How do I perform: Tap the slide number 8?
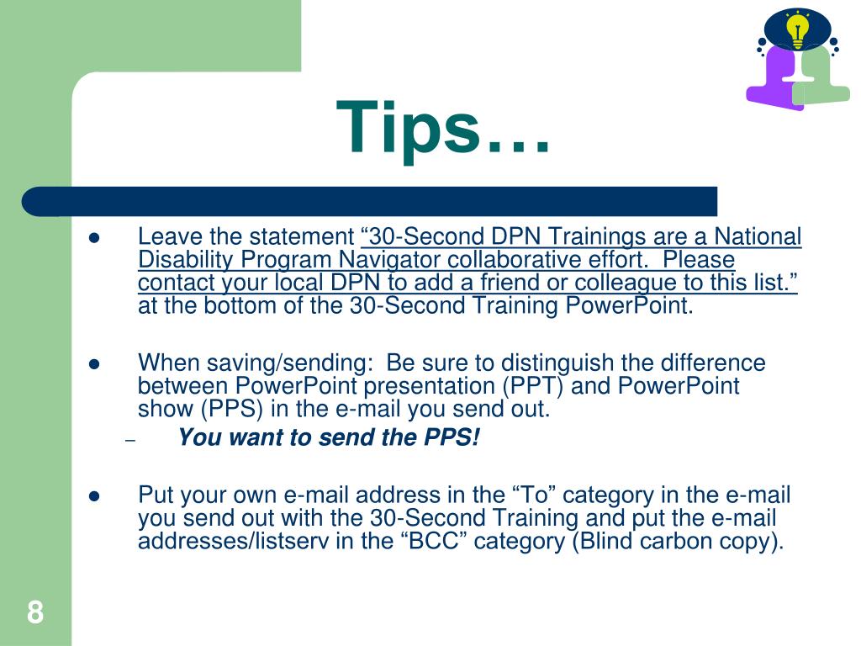pyautogui.click(x=34, y=612)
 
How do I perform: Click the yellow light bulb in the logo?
pyautogui.click(x=796, y=30)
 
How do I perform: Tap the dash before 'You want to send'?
pyautogui.click(x=129, y=441)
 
